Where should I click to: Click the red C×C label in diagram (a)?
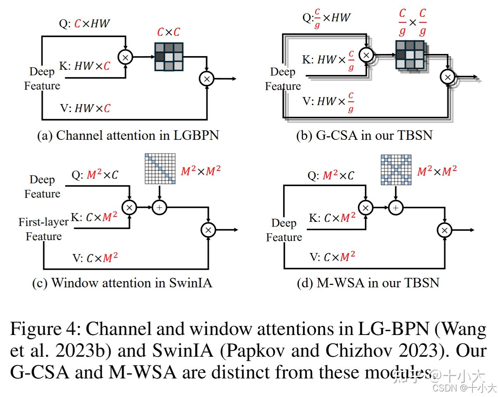pos(168,32)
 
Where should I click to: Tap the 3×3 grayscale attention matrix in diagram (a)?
pos(169,57)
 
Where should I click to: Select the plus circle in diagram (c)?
pos(159,207)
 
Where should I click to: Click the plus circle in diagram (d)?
pos(396,208)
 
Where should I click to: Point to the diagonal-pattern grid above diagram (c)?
pos(160,169)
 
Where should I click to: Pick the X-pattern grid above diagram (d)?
pos(396,170)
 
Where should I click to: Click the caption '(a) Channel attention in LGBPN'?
pos(128,136)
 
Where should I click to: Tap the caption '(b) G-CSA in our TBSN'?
pos(364,136)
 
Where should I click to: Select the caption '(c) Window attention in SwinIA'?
pos(122,283)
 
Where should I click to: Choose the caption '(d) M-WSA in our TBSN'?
pos(368,283)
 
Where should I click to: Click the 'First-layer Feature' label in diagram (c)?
pos(44,229)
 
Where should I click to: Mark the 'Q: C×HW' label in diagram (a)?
pos(84,23)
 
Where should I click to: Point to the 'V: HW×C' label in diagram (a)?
pos(85,108)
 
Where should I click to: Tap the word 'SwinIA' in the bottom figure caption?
pos(182,350)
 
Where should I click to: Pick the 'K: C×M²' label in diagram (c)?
pos(94,217)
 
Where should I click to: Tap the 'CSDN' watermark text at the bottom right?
pos(444,388)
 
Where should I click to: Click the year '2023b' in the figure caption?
pos(80,350)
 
